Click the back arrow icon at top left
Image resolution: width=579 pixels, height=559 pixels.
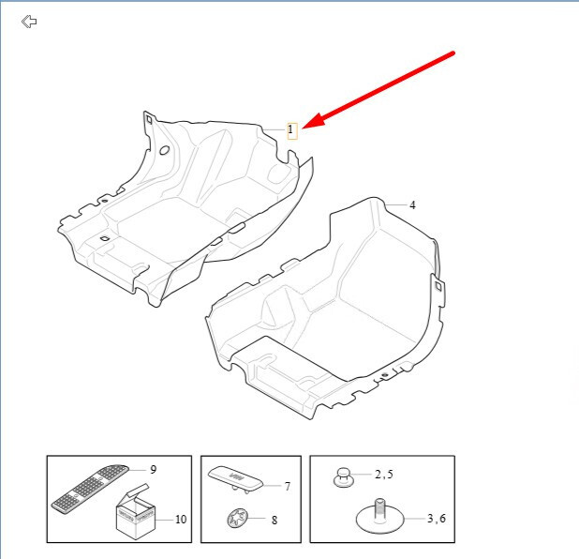click(x=29, y=22)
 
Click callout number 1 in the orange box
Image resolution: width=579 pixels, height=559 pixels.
click(x=290, y=129)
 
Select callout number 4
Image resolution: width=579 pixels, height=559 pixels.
click(x=412, y=205)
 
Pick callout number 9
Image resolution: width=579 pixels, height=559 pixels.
click(x=154, y=470)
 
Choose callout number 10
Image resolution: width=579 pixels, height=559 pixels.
click(x=181, y=520)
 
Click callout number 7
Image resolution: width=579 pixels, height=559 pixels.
click(x=288, y=486)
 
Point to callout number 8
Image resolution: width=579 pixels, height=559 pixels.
click(x=275, y=521)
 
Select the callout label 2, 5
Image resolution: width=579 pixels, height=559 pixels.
click(x=384, y=475)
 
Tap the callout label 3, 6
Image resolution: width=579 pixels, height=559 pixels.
click(x=437, y=519)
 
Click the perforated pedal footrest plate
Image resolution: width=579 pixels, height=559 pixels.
click(x=91, y=489)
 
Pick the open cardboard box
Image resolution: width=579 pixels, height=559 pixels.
click(x=135, y=511)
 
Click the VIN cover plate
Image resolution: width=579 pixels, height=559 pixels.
click(x=235, y=478)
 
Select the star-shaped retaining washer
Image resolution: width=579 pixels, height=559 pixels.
click(x=237, y=519)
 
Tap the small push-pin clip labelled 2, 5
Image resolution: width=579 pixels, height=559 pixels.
click(x=344, y=477)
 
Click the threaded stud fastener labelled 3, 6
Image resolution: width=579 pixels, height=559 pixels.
click(x=380, y=516)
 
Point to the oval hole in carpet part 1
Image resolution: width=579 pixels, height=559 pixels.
click(x=164, y=150)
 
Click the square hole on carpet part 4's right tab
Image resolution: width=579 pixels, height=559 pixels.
click(x=438, y=286)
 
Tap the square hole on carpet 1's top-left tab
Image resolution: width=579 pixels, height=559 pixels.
click(x=149, y=119)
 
